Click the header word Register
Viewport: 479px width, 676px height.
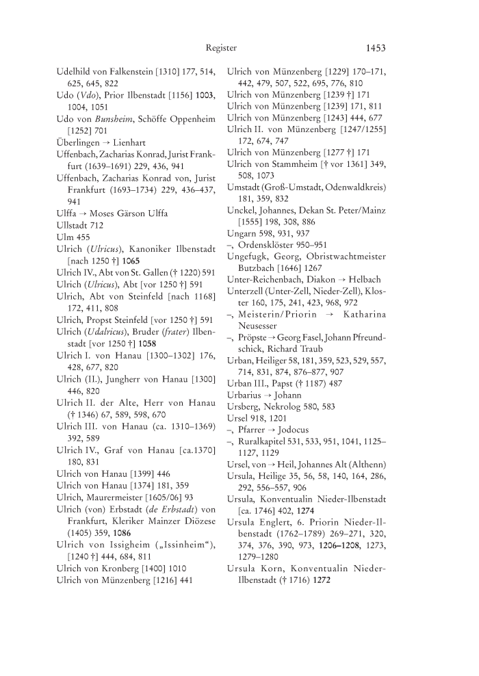click(x=221, y=48)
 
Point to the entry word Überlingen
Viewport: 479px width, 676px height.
click(x=79, y=142)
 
